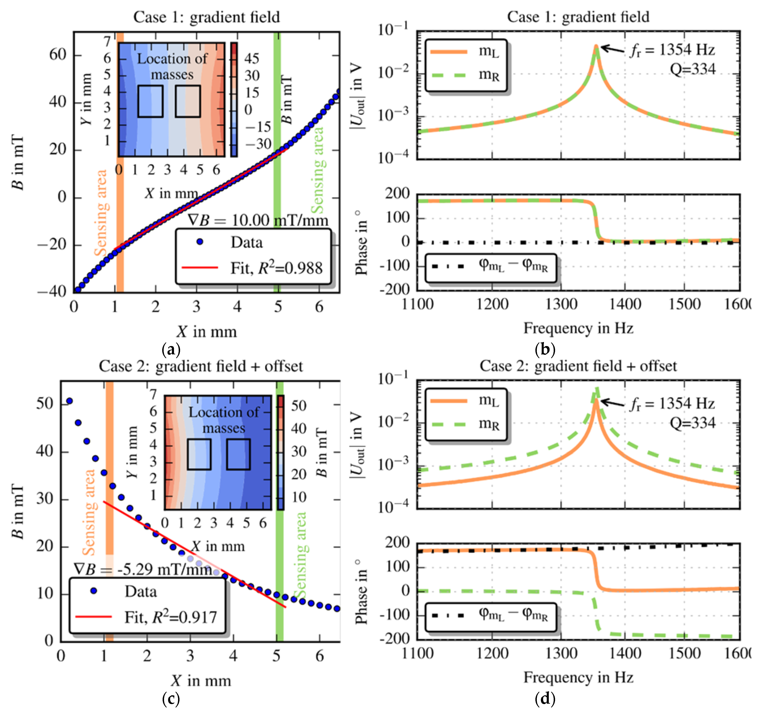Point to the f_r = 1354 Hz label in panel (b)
click(x=672, y=50)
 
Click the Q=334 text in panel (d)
click(x=693, y=423)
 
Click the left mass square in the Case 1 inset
click(x=150, y=101)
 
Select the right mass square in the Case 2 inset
click(x=238, y=454)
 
